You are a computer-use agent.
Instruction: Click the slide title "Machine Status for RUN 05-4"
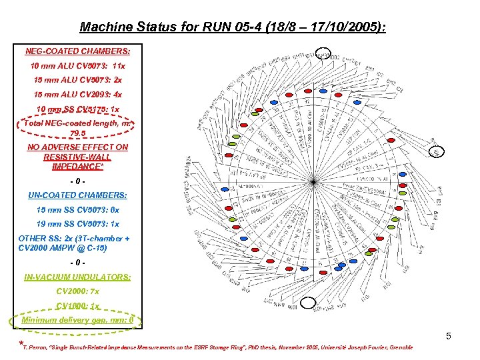point(233,27)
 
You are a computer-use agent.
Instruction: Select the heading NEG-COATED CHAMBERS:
point(77,51)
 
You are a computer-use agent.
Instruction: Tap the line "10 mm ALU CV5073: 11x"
point(77,66)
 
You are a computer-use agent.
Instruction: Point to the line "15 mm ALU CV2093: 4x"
point(77,95)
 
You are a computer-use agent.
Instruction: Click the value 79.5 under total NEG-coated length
point(77,133)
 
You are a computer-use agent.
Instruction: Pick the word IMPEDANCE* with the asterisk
point(77,167)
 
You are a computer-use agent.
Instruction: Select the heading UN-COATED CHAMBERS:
point(77,195)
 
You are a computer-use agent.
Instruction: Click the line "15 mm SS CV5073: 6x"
point(77,209)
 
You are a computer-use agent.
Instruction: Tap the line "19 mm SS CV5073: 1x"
point(77,224)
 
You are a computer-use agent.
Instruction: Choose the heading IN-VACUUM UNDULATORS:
point(77,277)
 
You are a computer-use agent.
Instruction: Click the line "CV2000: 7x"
point(77,291)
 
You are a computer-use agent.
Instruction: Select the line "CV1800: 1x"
point(77,306)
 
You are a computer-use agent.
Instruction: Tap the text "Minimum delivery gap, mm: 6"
point(77,320)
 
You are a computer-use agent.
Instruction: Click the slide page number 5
point(449,336)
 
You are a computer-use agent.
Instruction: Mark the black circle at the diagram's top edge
point(323,53)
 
